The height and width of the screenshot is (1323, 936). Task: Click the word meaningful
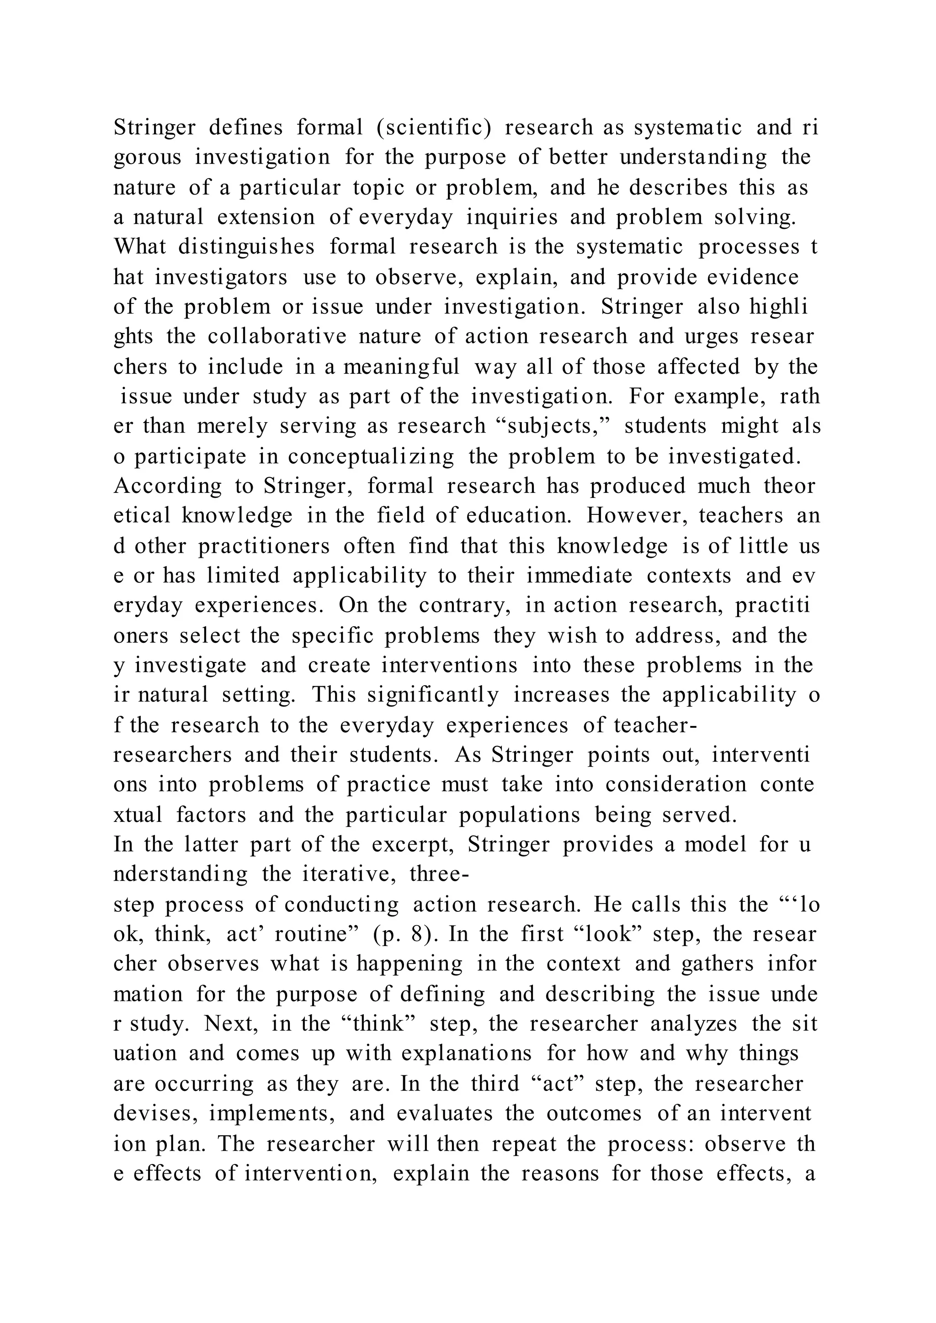401,366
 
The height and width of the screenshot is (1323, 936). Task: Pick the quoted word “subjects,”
553,426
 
